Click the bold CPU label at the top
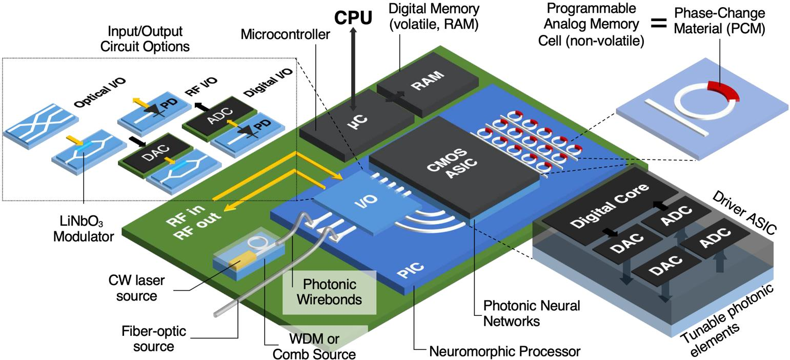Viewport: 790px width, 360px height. coord(353,17)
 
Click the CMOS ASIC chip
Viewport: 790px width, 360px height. coord(454,164)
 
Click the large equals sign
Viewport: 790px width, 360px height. coord(659,23)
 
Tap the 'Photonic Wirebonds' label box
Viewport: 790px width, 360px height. coord(329,292)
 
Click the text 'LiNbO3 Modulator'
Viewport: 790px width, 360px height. coord(84,229)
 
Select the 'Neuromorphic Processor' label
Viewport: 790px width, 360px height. coord(504,352)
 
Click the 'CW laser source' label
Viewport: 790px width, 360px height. coord(136,288)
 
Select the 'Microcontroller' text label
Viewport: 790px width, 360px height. coord(286,34)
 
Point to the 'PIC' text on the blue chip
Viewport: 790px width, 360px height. coord(411,270)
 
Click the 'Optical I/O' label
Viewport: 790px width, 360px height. coord(100,93)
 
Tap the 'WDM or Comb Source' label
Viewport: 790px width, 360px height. coord(314,347)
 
